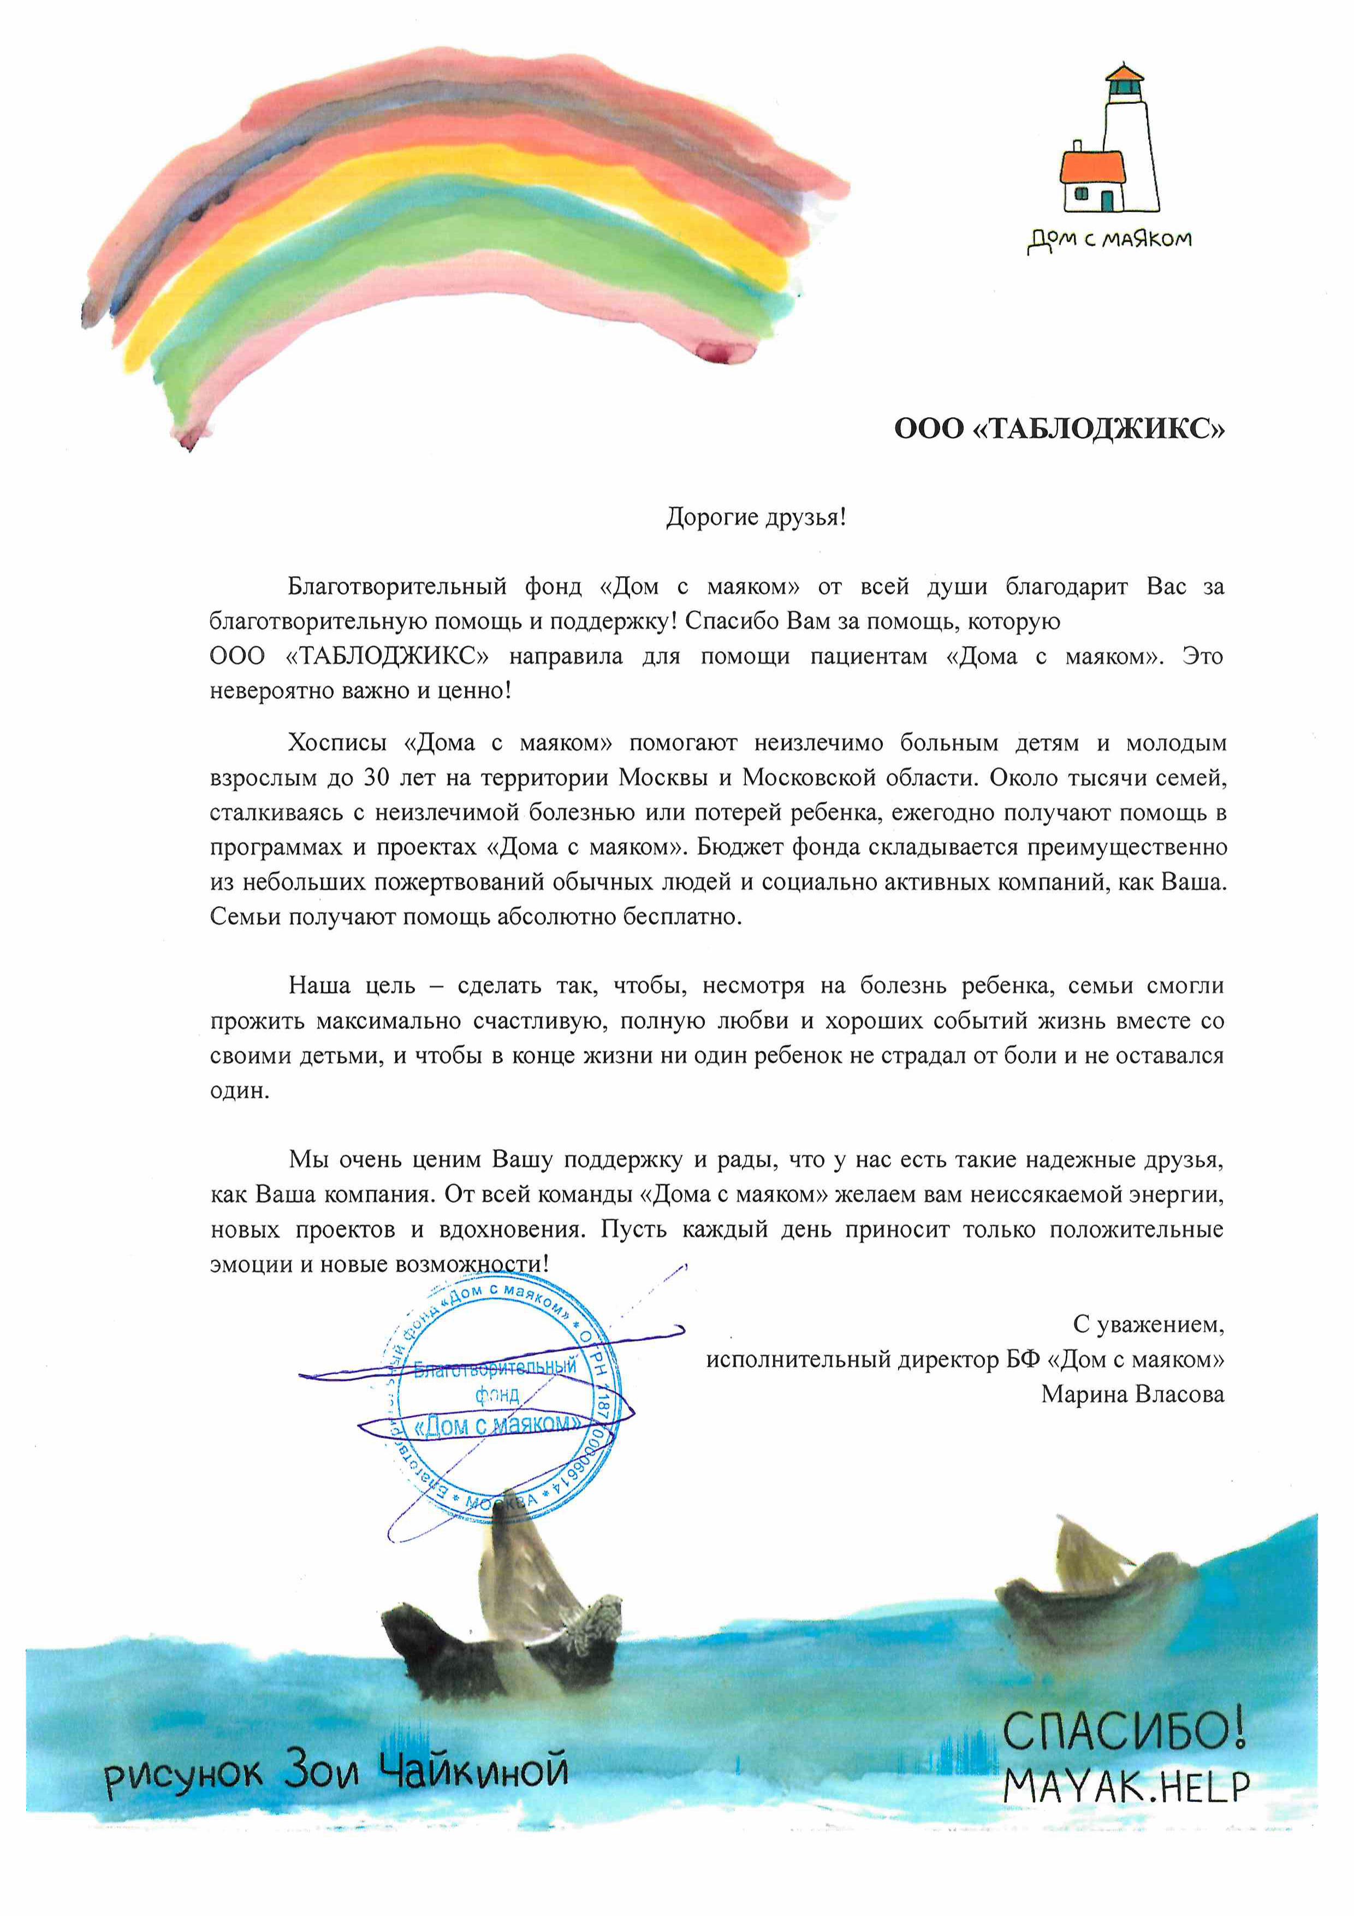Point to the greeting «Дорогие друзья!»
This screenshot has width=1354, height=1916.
click(x=756, y=517)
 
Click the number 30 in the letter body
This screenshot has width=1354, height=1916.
click(x=376, y=778)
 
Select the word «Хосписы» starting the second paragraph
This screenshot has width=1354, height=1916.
click(x=337, y=743)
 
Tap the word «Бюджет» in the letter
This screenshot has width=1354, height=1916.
click(x=735, y=847)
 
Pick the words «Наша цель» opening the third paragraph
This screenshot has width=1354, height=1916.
click(x=351, y=985)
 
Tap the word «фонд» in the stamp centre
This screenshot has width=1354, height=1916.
click(x=497, y=1394)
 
